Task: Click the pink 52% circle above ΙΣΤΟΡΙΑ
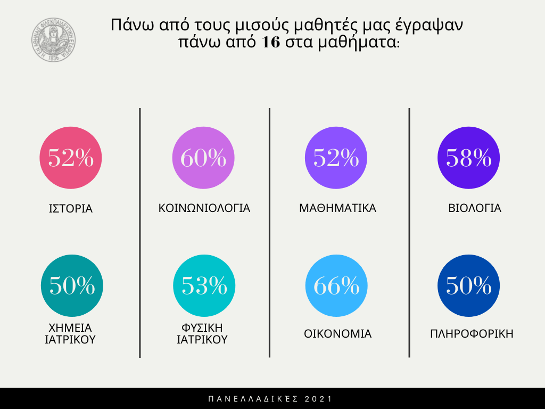tap(71, 158)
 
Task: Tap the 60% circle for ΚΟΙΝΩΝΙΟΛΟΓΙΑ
tap(203, 158)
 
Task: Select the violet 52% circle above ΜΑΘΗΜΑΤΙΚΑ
tap(335, 158)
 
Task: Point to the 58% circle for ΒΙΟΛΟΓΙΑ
tap(468, 158)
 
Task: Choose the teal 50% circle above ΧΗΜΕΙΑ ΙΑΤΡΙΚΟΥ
tap(72, 285)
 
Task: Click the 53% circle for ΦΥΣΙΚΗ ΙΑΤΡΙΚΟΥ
tap(204, 285)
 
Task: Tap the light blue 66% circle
tap(336, 285)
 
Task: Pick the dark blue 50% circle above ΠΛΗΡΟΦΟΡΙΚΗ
tap(468, 285)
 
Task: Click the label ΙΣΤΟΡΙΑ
tap(71, 208)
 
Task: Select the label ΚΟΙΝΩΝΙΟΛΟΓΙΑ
tap(204, 208)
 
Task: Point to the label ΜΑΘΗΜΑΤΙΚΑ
tap(337, 208)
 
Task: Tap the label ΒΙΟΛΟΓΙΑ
tap(475, 208)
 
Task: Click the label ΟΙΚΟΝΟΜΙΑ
tap(337, 334)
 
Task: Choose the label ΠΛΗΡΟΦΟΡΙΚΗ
tap(472, 334)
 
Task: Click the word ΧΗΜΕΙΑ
tap(70, 327)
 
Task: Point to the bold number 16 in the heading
tap(271, 43)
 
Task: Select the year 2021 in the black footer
tap(320, 399)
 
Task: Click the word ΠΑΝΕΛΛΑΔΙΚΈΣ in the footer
tap(255, 399)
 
